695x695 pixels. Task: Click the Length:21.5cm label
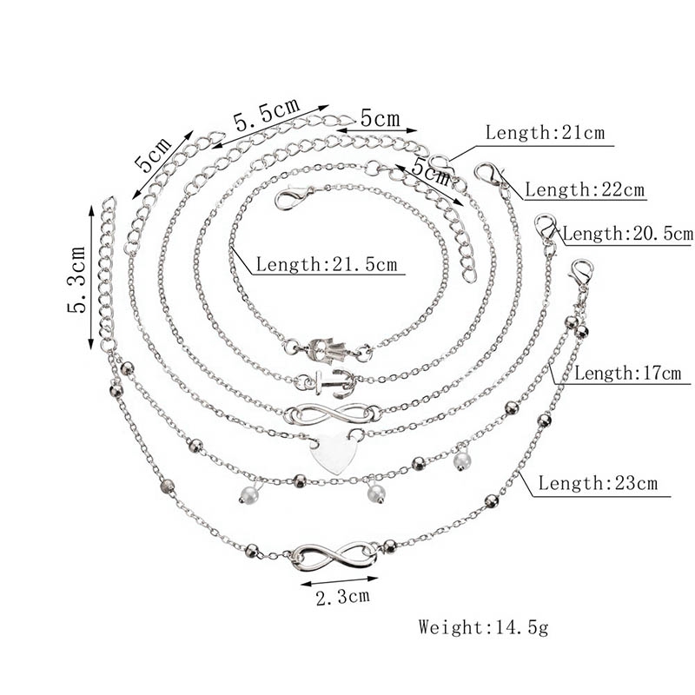[x=327, y=265]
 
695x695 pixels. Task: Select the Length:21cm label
[x=545, y=133]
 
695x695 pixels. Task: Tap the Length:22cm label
[x=584, y=189]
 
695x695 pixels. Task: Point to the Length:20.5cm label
[x=627, y=233]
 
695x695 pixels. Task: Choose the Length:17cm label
[x=627, y=374]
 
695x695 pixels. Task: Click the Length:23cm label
[x=598, y=483]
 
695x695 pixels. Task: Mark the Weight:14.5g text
[x=483, y=627]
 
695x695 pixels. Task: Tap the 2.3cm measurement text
[x=342, y=597]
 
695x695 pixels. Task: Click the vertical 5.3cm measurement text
[x=76, y=279]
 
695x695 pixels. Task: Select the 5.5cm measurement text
[x=267, y=115]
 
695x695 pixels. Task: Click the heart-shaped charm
[x=334, y=453]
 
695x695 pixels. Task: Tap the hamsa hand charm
[x=330, y=348]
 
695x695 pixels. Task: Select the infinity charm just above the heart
[x=333, y=414]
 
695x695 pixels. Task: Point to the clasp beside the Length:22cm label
[x=489, y=175]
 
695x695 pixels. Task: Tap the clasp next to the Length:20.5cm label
[x=545, y=226]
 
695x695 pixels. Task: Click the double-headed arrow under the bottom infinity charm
[x=339, y=581]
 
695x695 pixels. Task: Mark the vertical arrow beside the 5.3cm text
[x=91, y=278]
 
